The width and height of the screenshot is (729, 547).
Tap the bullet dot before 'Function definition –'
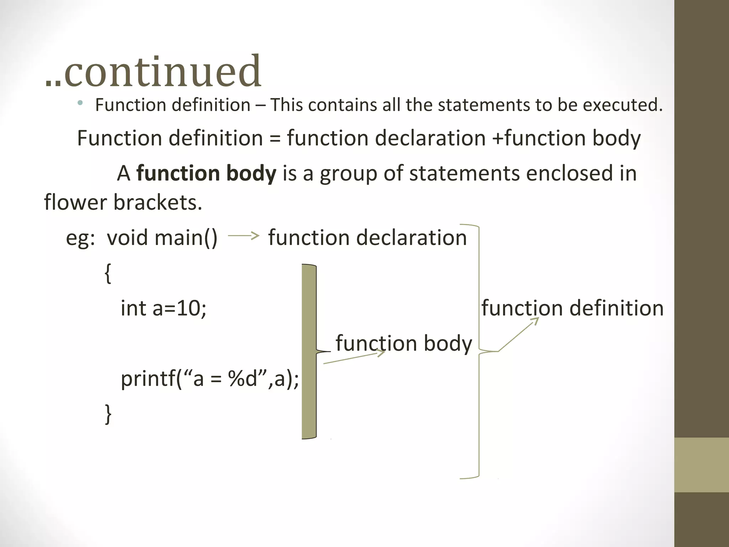click(80, 103)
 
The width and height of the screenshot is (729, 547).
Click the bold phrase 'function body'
click(206, 173)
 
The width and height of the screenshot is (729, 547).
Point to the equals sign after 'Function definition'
click(275, 139)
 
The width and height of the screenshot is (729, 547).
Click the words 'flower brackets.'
click(123, 202)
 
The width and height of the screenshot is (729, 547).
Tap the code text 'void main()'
click(162, 238)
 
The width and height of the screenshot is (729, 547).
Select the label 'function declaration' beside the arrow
click(367, 238)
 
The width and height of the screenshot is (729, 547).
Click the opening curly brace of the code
click(108, 273)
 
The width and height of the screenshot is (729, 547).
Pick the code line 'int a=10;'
click(163, 308)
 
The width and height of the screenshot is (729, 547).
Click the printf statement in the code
click(210, 379)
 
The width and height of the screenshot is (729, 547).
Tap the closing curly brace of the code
click(108, 414)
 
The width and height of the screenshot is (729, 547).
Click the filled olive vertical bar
click(309, 351)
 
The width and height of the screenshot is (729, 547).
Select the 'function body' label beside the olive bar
click(404, 343)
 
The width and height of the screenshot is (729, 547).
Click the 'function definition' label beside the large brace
click(572, 308)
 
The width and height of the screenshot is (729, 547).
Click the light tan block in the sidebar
click(701, 465)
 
